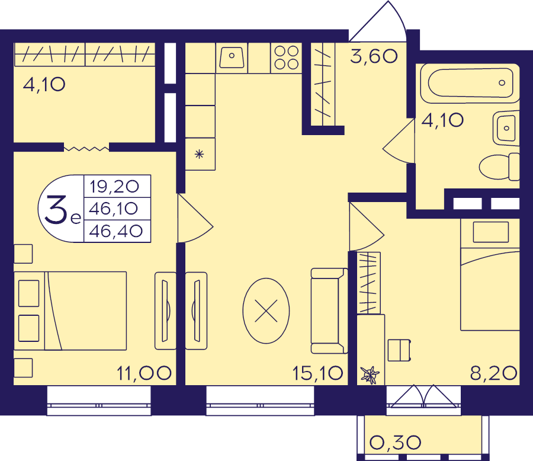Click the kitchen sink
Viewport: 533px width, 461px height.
pos(232,57)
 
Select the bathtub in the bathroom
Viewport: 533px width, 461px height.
pos(470,83)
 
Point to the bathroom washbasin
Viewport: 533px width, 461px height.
pos(506,128)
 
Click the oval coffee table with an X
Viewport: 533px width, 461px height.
pos(266,310)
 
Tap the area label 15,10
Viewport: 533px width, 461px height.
pos(317,373)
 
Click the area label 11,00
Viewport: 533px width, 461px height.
pos(144,373)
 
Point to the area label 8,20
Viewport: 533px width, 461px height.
pos(493,373)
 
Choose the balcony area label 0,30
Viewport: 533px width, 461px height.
pos(395,443)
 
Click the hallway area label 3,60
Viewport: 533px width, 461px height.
pos(374,56)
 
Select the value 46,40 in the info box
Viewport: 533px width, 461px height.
pos(116,231)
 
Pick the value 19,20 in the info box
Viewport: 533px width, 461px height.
pos(114,187)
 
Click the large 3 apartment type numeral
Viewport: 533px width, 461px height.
pos(56,210)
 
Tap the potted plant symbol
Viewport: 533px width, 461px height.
pos(370,375)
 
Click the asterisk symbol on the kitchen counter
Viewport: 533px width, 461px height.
pos(199,155)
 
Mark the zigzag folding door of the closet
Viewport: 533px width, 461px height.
pos(86,149)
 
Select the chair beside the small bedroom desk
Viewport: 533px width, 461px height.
pos(399,350)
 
